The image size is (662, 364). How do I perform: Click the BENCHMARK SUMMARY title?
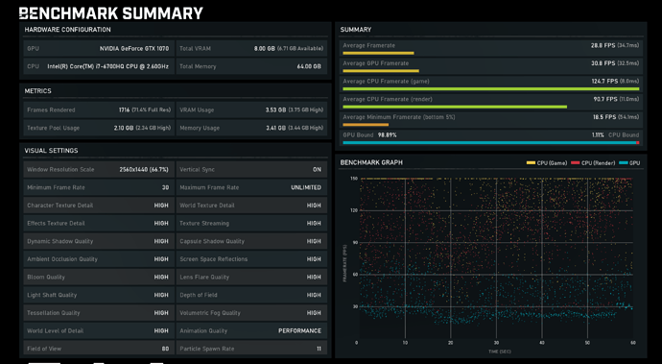tap(110, 13)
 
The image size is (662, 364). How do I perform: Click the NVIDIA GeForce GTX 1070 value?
tap(133, 48)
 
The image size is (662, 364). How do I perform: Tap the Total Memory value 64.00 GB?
tap(308, 66)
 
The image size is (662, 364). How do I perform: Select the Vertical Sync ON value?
tap(317, 170)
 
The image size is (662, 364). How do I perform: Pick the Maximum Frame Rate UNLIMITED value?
tap(306, 187)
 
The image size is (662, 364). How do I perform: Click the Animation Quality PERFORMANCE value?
tap(300, 330)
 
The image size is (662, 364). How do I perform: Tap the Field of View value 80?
tap(165, 349)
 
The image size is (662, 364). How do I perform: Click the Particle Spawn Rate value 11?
tap(319, 349)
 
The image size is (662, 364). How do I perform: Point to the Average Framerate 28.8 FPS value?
tap(603, 45)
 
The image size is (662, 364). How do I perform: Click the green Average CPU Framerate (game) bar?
tap(490, 88)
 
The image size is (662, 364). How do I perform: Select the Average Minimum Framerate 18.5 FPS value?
tap(603, 117)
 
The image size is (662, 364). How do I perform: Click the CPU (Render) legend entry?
tap(596, 163)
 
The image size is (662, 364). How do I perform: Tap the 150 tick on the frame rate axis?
tap(354, 179)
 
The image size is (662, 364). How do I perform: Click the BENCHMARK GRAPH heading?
tap(371, 163)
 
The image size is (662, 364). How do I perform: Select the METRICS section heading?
tap(38, 91)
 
